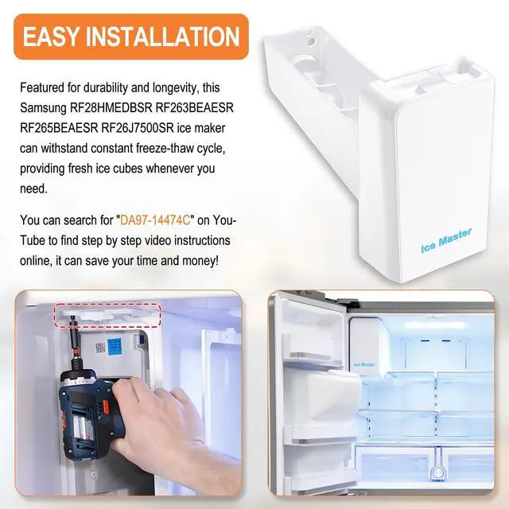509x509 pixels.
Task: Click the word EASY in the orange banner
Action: coord(51,37)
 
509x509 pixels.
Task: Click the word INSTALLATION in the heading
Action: coord(162,37)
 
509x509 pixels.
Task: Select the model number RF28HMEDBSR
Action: coord(111,108)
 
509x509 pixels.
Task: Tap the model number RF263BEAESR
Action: coord(194,108)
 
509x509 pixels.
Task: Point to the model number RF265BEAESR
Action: coord(59,128)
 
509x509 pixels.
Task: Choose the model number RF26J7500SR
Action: coord(138,128)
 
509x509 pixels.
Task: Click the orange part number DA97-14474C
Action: coord(155,220)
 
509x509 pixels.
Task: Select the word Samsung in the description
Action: coord(43,108)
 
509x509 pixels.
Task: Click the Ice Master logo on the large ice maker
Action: coord(446,240)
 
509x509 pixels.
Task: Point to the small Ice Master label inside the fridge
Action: coord(364,364)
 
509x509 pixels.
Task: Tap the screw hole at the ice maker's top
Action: coord(311,41)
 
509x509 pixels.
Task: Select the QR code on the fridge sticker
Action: coord(100,348)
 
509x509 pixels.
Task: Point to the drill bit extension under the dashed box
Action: coord(74,344)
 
